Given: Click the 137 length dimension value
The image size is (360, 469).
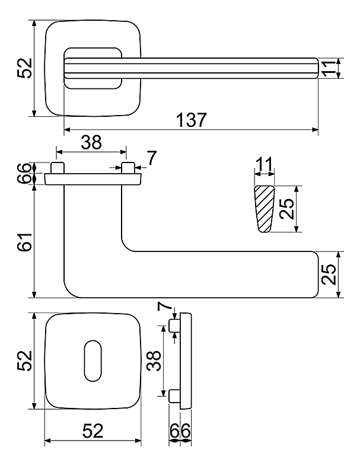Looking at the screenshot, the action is coord(191,120).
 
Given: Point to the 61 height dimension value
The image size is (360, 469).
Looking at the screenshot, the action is coord(25,242).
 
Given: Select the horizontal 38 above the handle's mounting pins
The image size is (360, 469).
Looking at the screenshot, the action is coord(91,142).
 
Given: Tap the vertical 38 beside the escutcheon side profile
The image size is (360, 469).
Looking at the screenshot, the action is coord(155,360).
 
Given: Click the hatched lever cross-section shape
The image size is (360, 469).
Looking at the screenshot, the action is coord(264,209).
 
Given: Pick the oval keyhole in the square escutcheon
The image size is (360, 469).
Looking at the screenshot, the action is coord(93,360).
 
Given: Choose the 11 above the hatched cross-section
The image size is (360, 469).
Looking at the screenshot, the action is coord(265,164).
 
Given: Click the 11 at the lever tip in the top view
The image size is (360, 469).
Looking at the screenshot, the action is coord(328,69).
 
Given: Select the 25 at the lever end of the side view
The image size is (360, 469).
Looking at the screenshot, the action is coord(329,275).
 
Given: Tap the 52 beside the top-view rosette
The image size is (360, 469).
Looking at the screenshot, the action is coord(24,68).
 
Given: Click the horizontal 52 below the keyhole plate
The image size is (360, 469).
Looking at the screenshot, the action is coord(93,431).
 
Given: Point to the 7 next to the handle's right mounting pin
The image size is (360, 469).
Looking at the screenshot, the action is coord(152,158).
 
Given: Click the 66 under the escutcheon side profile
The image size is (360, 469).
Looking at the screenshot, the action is coord(180,431).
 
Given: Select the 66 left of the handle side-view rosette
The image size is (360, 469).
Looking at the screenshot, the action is coord(25,173).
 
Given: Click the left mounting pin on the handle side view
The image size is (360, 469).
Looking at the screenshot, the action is coord(57,168).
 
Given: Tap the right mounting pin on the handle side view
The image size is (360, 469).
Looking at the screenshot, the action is coord(128,168).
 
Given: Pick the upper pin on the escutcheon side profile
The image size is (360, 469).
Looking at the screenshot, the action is coord(174,326).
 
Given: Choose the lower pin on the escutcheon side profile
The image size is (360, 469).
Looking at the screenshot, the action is coord(174,396).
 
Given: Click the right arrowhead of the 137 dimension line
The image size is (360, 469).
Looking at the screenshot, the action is coord(314,129).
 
